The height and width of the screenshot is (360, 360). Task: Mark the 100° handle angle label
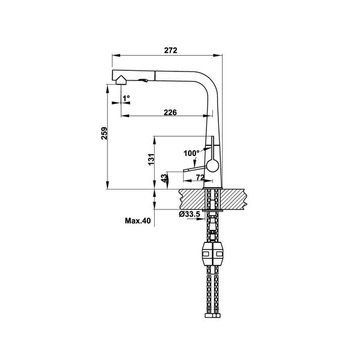(191, 154)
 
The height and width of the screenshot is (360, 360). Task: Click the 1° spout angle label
(126, 97)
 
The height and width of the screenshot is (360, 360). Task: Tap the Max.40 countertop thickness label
(137, 221)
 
